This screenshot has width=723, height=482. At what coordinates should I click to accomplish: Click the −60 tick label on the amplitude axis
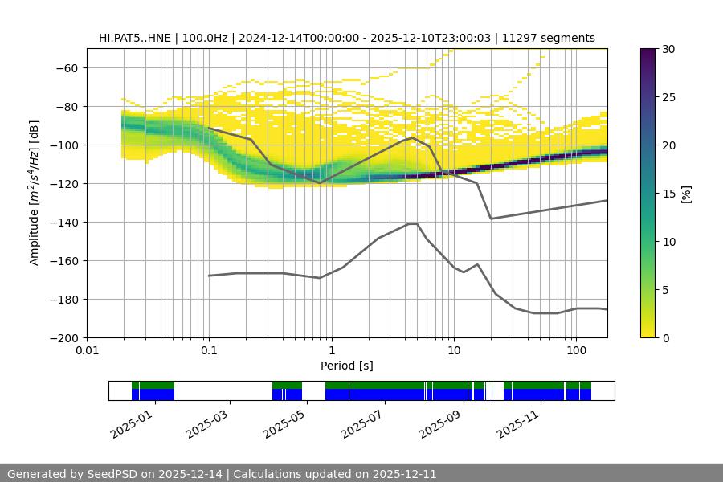(x=66, y=68)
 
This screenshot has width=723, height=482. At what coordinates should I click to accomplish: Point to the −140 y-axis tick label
(x=63, y=223)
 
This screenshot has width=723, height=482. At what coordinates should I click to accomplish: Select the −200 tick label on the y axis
(x=63, y=338)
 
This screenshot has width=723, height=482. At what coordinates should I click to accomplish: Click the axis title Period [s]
(x=346, y=366)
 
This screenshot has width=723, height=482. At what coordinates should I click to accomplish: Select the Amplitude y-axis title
(x=35, y=193)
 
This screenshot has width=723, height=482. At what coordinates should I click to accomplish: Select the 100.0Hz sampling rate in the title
(x=206, y=38)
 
